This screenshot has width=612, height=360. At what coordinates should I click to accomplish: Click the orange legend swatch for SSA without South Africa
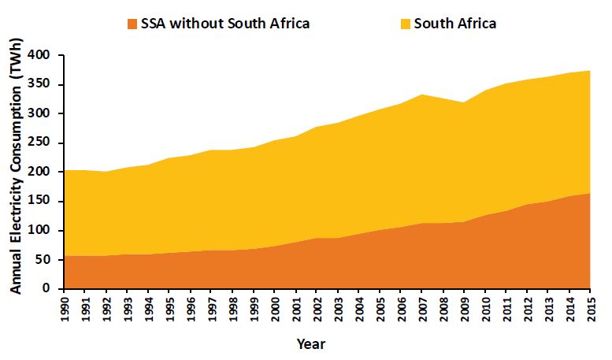[x=133, y=23]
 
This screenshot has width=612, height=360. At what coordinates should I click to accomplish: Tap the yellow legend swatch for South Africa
[x=406, y=23]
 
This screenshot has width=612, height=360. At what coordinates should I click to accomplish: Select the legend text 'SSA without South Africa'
[x=226, y=23]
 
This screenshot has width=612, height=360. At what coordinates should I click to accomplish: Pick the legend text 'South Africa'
[x=455, y=23]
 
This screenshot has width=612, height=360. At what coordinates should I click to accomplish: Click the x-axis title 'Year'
[x=311, y=343]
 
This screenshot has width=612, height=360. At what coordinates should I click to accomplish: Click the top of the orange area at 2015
[x=589, y=193]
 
